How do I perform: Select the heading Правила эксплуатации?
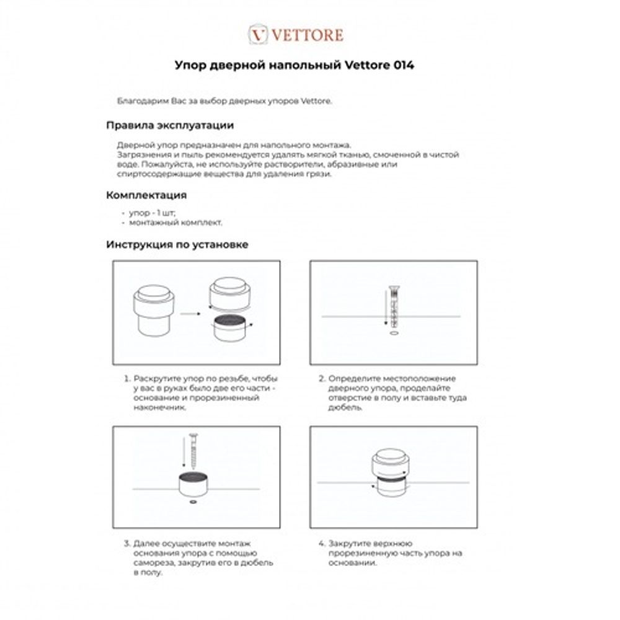pos(170,125)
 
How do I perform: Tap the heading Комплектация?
pos(146,195)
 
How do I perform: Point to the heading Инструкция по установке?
pos(177,244)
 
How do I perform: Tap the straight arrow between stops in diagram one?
pos(190,314)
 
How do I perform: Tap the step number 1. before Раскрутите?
pos(127,378)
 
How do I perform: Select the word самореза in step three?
pos(154,563)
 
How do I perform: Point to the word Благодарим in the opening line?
pos(139,101)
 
